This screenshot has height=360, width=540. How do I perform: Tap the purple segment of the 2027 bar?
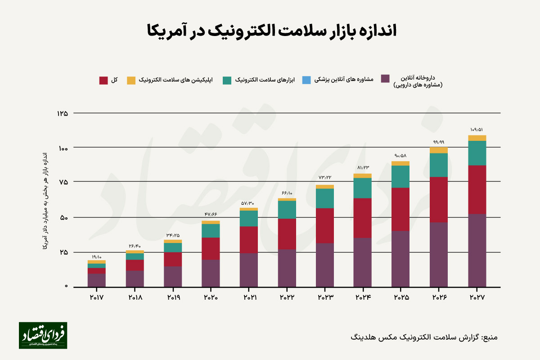pos(477,250)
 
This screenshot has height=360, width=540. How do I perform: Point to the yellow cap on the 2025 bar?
pos(400,163)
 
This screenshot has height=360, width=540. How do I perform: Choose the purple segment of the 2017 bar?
pos(96,280)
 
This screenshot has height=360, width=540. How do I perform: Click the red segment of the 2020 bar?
pos(211,248)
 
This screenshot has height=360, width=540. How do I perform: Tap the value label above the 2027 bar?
pos(477,130)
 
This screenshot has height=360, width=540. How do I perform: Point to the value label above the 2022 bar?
pos(287,193)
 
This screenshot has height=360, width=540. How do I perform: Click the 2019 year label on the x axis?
pos(173,297)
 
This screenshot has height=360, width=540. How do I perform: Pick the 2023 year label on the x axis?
pos(324,297)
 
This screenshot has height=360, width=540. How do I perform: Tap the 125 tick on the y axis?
pos(62,113)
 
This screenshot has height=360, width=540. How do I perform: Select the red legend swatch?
pos(103,80)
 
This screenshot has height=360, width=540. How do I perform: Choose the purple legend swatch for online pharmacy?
pos(385,78)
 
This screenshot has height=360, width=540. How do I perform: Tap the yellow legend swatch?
pos(131,80)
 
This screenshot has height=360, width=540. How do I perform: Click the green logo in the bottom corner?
pos(43,335)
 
